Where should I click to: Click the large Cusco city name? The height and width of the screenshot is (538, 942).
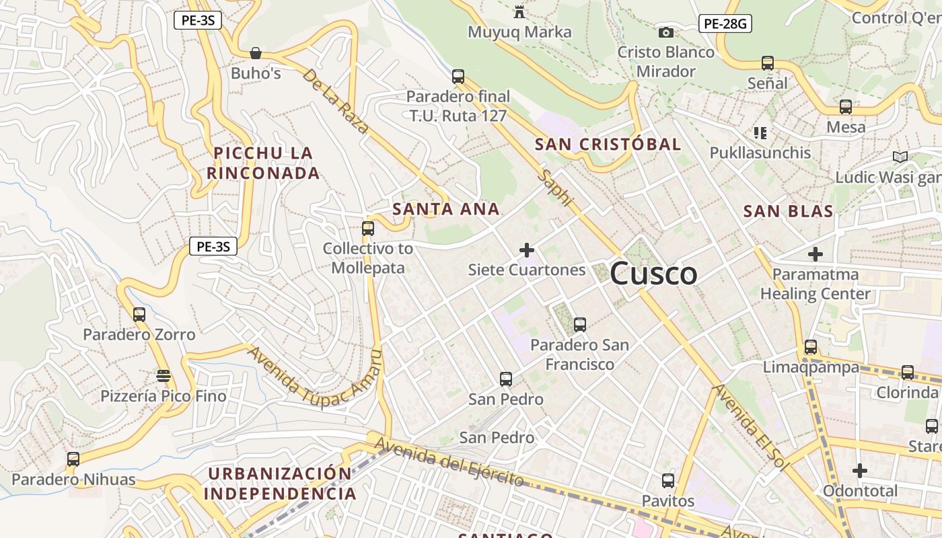coord(653,274)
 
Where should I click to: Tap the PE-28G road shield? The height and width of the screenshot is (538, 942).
coord(725,24)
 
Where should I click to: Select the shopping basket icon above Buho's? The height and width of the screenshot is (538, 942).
coord(256,52)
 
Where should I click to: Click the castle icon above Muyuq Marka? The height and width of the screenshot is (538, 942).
coord(519,12)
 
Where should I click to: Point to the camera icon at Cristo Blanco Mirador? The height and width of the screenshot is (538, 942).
coord(665,32)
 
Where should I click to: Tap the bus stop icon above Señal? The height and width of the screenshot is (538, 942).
coord(767,63)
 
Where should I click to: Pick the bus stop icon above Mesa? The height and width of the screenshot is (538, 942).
coord(846,107)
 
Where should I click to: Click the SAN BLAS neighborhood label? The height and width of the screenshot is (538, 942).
coord(788,211)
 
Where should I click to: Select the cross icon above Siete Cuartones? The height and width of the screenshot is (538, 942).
coord(527,251)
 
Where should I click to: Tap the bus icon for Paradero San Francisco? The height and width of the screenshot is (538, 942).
coord(579,325)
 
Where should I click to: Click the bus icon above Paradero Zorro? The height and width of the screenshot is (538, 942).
coord(139,315)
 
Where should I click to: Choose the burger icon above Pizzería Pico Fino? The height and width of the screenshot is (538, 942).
coord(163,375)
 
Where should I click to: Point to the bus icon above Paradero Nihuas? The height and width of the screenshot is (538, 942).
coord(73,460)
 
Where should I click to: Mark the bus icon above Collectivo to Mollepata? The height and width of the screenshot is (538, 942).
coord(367,229)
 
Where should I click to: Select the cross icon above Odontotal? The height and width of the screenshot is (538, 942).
coord(859,471)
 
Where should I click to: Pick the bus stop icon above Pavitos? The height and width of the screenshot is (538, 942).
coord(667,481)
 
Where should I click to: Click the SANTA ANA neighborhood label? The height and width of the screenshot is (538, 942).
coord(446,209)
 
